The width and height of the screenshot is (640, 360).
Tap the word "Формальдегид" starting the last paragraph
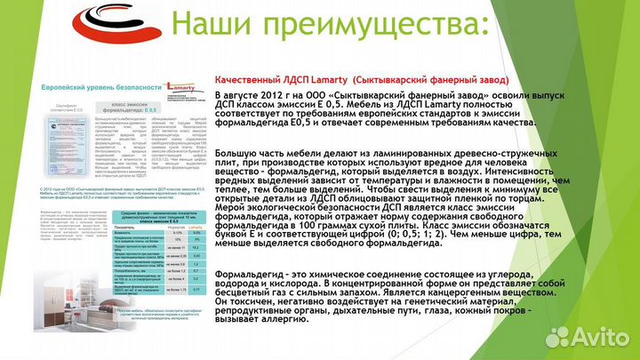pyautogui.click(x=250, y=273)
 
